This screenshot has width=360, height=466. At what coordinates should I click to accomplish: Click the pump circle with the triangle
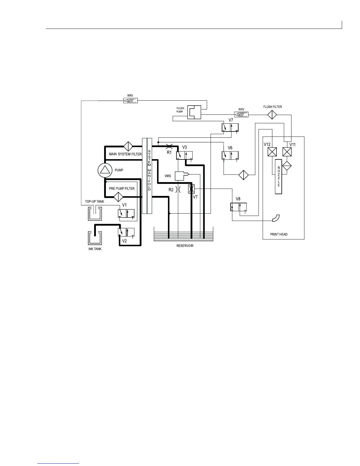(x=105, y=170)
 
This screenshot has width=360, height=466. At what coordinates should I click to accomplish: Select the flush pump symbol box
(x=194, y=112)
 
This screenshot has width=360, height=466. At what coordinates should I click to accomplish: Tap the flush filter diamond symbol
(x=272, y=114)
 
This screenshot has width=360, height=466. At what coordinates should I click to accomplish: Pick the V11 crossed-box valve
(x=287, y=152)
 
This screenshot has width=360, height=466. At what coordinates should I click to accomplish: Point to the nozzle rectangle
(x=279, y=177)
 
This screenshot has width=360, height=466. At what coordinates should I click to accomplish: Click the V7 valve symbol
(x=230, y=128)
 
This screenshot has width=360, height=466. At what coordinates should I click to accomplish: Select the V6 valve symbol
(x=230, y=155)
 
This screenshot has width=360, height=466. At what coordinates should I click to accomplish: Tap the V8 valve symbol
(x=238, y=207)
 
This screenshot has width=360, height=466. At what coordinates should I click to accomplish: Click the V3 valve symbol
(x=184, y=155)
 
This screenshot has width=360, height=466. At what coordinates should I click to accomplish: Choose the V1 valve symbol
(x=126, y=214)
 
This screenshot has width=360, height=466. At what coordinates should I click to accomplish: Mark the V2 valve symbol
(x=126, y=232)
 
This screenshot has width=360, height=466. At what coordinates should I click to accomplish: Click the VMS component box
(x=180, y=176)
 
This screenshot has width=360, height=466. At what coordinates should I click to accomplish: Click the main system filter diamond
(x=128, y=146)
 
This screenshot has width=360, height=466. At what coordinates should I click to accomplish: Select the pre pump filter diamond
(x=119, y=197)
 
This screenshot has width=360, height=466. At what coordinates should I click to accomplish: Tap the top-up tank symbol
(x=95, y=213)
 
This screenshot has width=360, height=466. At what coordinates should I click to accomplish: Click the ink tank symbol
(x=95, y=238)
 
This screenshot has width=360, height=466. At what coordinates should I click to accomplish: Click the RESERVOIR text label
(x=185, y=246)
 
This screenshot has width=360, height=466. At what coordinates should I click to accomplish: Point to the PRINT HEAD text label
(x=279, y=234)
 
